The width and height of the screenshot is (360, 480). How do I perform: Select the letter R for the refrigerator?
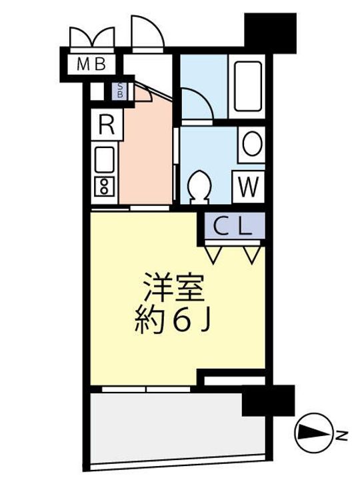(105, 124)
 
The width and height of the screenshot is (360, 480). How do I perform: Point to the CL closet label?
(233, 227)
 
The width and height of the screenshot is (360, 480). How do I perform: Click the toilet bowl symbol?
(198, 186)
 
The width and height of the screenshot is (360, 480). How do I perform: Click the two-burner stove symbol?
(105, 187)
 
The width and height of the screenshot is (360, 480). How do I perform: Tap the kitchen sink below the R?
(105, 160)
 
